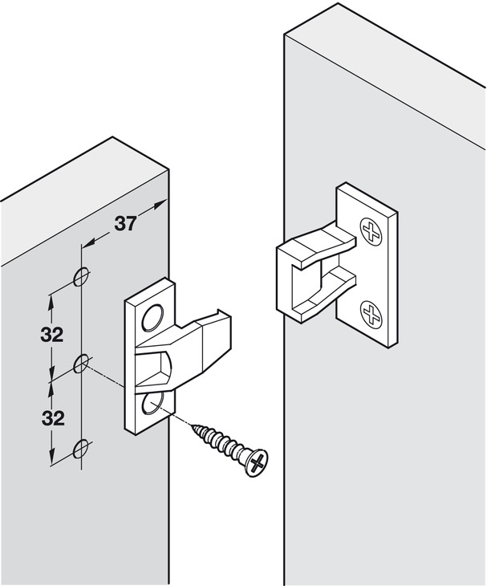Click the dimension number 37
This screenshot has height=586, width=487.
(124, 224)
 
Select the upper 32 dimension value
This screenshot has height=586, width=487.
(52, 334)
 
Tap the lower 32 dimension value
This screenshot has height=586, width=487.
(52, 417)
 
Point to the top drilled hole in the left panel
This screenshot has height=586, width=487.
(80, 278)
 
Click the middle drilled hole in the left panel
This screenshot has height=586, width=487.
(80, 365)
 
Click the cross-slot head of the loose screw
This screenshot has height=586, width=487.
(258, 461)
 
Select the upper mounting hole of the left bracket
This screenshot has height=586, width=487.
(152, 319)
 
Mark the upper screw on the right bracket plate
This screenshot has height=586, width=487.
(371, 231)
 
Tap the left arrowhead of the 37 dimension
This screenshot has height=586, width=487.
(87, 242)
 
